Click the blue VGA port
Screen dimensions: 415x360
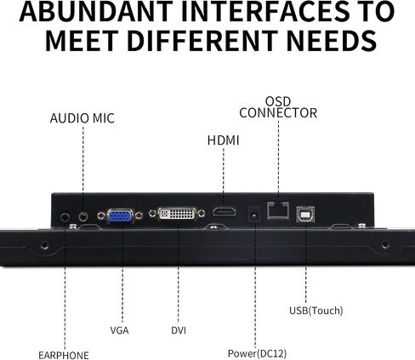click(120, 217)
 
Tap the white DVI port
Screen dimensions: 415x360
click(177, 214)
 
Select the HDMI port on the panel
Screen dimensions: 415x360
click(225, 212)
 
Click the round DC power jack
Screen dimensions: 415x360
click(254, 214)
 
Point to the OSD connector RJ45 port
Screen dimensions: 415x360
click(278, 210)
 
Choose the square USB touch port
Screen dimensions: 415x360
click(305, 214)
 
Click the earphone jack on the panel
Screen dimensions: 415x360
click(65, 218)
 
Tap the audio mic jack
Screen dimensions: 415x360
click(83, 216)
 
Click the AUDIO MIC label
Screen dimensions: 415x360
click(82, 118)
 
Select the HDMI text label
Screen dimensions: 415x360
click(224, 140)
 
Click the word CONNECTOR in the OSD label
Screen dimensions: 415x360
click(278, 113)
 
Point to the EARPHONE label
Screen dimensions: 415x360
click(64, 355)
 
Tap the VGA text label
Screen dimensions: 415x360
click(119, 330)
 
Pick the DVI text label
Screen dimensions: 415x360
click(179, 330)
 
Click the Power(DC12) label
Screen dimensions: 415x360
click(257, 353)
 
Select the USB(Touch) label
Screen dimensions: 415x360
click(316, 311)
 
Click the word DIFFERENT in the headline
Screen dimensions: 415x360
click(202, 41)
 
